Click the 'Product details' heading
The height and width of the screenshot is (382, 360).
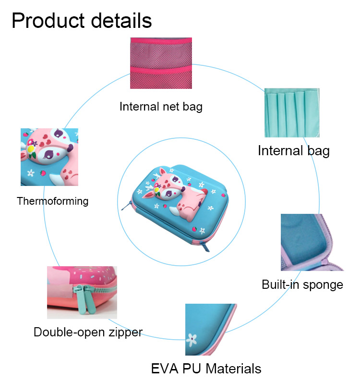pyautogui.click(x=82, y=21)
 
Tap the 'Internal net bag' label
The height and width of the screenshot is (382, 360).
pyautogui.click(x=161, y=107)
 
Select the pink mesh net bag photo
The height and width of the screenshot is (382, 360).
pyautogui.click(x=161, y=63)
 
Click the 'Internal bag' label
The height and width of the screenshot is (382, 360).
pyautogui.click(x=294, y=151)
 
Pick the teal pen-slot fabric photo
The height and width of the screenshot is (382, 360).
pyautogui.click(x=292, y=112)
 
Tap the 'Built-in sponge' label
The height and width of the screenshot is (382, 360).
pyautogui.click(x=302, y=284)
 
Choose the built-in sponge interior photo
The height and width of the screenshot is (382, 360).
pyautogui.click(x=312, y=242)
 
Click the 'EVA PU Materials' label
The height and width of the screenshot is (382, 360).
pyautogui.click(x=206, y=369)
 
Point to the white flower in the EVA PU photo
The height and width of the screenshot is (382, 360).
pyautogui.click(x=192, y=339)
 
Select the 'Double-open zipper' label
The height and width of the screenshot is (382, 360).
pyautogui.click(x=88, y=333)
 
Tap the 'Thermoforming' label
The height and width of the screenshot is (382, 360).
pyautogui.click(x=53, y=201)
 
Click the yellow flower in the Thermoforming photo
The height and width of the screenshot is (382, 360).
pyautogui.click(x=31, y=149)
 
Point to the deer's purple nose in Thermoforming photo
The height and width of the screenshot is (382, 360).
pyautogui.click(x=71, y=148)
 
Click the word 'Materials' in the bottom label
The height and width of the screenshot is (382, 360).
pyautogui.click(x=234, y=369)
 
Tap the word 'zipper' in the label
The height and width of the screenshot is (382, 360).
pyautogui.click(x=126, y=333)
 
